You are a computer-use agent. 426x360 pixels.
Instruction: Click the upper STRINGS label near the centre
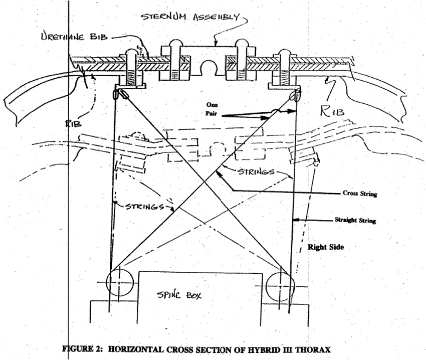254,172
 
